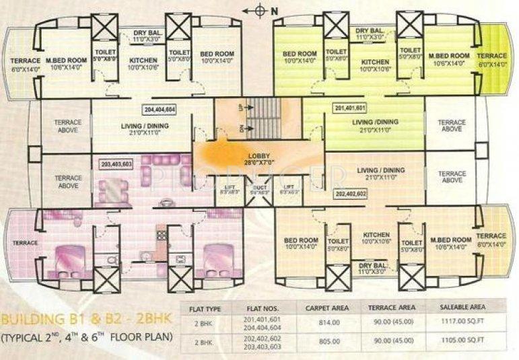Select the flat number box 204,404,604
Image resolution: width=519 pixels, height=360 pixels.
coord(160,108)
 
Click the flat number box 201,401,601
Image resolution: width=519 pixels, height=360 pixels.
coord(349,108)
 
